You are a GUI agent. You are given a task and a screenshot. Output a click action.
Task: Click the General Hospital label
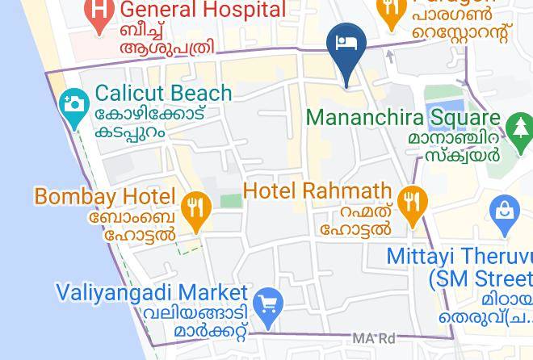tap(203, 10)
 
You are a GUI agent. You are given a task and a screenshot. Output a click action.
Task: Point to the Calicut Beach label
tap(163, 94)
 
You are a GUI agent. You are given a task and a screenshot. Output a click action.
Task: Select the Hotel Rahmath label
tap(317, 191)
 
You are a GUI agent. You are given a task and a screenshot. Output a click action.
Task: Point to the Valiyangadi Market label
tap(152, 291)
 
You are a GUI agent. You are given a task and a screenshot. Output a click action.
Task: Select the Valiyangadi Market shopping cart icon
tap(268, 305)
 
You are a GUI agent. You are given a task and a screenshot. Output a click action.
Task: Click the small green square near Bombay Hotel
tap(231, 199)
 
